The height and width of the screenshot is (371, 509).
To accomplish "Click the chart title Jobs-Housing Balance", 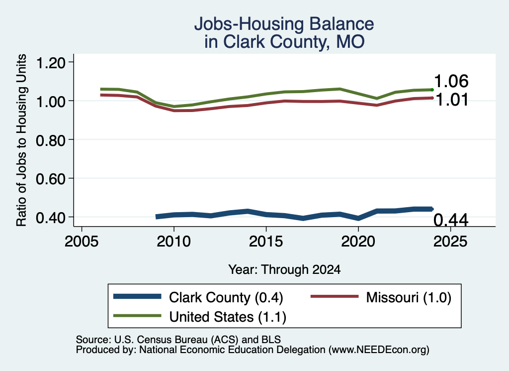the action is click(x=284, y=24).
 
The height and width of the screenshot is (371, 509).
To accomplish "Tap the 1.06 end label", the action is click(x=451, y=81).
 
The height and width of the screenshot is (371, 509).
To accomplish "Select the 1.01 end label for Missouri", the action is click(x=451, y=100).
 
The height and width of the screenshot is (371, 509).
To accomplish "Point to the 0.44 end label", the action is click(x=451, y=220).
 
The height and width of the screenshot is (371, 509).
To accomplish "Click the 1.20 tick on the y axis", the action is click(x=51, y=62).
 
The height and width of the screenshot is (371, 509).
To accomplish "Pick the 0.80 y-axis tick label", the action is click(x=51, y=140).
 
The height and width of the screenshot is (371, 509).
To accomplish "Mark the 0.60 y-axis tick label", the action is click(x=51, y=178).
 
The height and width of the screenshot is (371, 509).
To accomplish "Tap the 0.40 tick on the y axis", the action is click(x=51, y=217).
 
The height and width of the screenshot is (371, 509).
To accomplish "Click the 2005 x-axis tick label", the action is click(x=82, y=241).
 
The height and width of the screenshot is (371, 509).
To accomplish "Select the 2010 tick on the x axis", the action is click(x=173, y=241).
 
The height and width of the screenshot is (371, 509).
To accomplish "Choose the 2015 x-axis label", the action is click(x=266, y=241).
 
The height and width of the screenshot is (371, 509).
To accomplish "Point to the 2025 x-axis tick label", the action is click(x=450, y=241).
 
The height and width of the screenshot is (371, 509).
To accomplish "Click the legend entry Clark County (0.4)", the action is click(x=226, y=297).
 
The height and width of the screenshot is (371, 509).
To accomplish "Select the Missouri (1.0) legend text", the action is click(x=409, y=297).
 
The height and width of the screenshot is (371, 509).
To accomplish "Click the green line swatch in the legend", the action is click(x=137, y=316).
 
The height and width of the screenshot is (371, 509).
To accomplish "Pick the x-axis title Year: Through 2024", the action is click(x=284, y=269).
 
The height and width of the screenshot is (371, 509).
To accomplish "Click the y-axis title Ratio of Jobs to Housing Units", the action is click(x=21, y=140).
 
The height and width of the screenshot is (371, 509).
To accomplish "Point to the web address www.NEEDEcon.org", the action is click(x=379, y=350).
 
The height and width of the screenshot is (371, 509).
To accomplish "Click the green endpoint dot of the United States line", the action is click(x=432, y=90).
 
